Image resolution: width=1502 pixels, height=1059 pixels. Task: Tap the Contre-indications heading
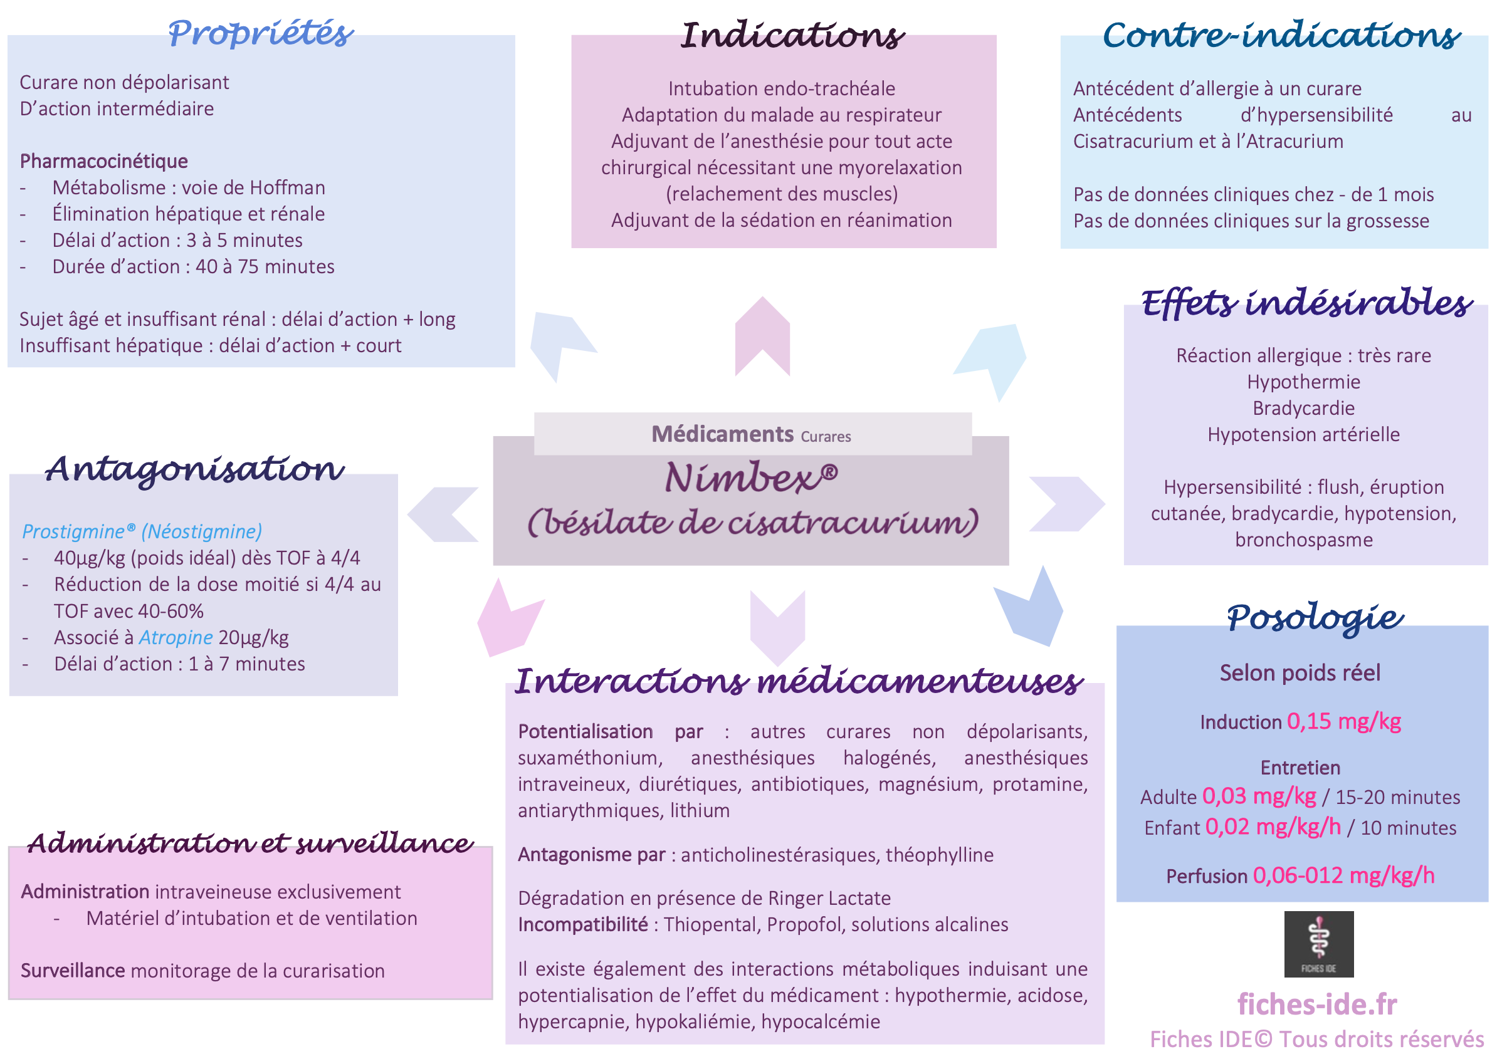(1281, 34)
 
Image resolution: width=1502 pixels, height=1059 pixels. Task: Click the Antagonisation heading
(194, 469)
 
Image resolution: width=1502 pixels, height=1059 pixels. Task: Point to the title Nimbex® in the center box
(751, 477)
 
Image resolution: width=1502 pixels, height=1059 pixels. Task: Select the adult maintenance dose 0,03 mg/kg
(1259, 796)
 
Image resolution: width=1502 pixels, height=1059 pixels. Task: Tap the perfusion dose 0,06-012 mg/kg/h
(1343, 875)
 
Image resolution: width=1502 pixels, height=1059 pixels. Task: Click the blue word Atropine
(176, 637)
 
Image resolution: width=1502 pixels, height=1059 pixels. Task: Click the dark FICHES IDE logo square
(1318, 944)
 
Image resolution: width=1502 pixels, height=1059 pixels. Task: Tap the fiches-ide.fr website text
(1317, 1004)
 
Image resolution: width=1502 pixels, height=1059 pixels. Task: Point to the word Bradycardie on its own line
(1303, 408)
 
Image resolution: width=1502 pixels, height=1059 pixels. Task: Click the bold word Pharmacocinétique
(103, 162)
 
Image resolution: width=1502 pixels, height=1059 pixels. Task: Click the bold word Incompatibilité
(583, 924)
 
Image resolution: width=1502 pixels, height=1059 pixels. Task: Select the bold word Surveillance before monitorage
(73, 971)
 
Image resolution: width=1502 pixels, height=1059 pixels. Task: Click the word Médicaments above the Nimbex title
(722, 434)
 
